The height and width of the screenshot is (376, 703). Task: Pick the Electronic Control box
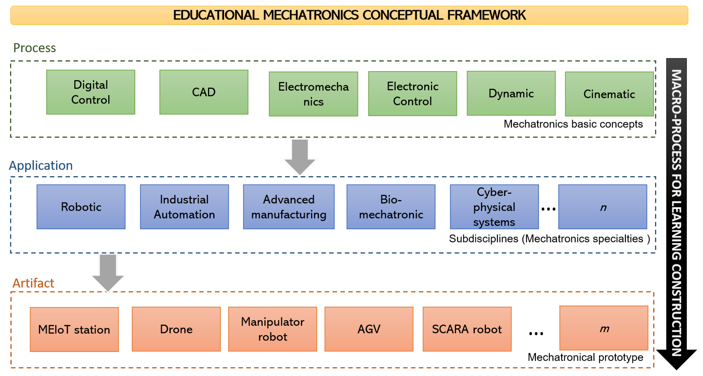pos(412,94)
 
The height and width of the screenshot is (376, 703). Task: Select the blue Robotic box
pos(81,207)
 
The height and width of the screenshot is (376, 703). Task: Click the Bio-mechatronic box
pos(391,207)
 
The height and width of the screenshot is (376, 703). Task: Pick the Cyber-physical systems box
pos(494,207)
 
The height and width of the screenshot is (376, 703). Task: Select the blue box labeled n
pos(603,207)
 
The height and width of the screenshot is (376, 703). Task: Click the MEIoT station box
pos(74,329)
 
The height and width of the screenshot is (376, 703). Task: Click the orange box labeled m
pos(604,328)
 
